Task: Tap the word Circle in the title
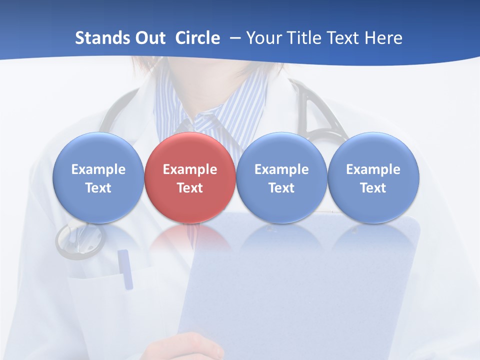197,38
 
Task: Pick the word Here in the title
383,38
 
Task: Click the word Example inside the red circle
190,169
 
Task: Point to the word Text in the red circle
190,188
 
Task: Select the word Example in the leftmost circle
98,169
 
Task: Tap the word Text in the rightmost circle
373,188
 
